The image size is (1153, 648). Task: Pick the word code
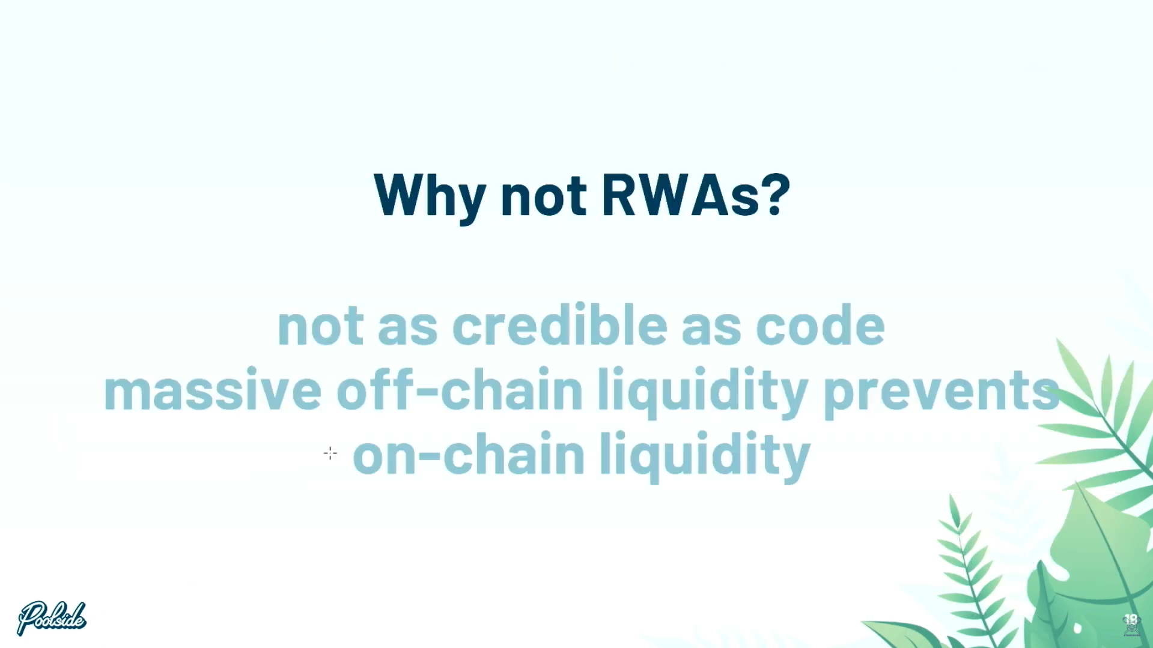click(x=820, y=326)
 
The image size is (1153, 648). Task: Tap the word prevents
click(x=942, y=394)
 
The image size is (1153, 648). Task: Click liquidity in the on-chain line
click(x=705, y=456)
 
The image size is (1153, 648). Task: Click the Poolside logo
click(x=52, y=618)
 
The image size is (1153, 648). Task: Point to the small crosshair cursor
click(x=330, y=453)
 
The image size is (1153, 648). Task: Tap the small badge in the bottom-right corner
click(x=1131, y=625)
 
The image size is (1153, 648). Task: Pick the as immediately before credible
click(x=408, y=331)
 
